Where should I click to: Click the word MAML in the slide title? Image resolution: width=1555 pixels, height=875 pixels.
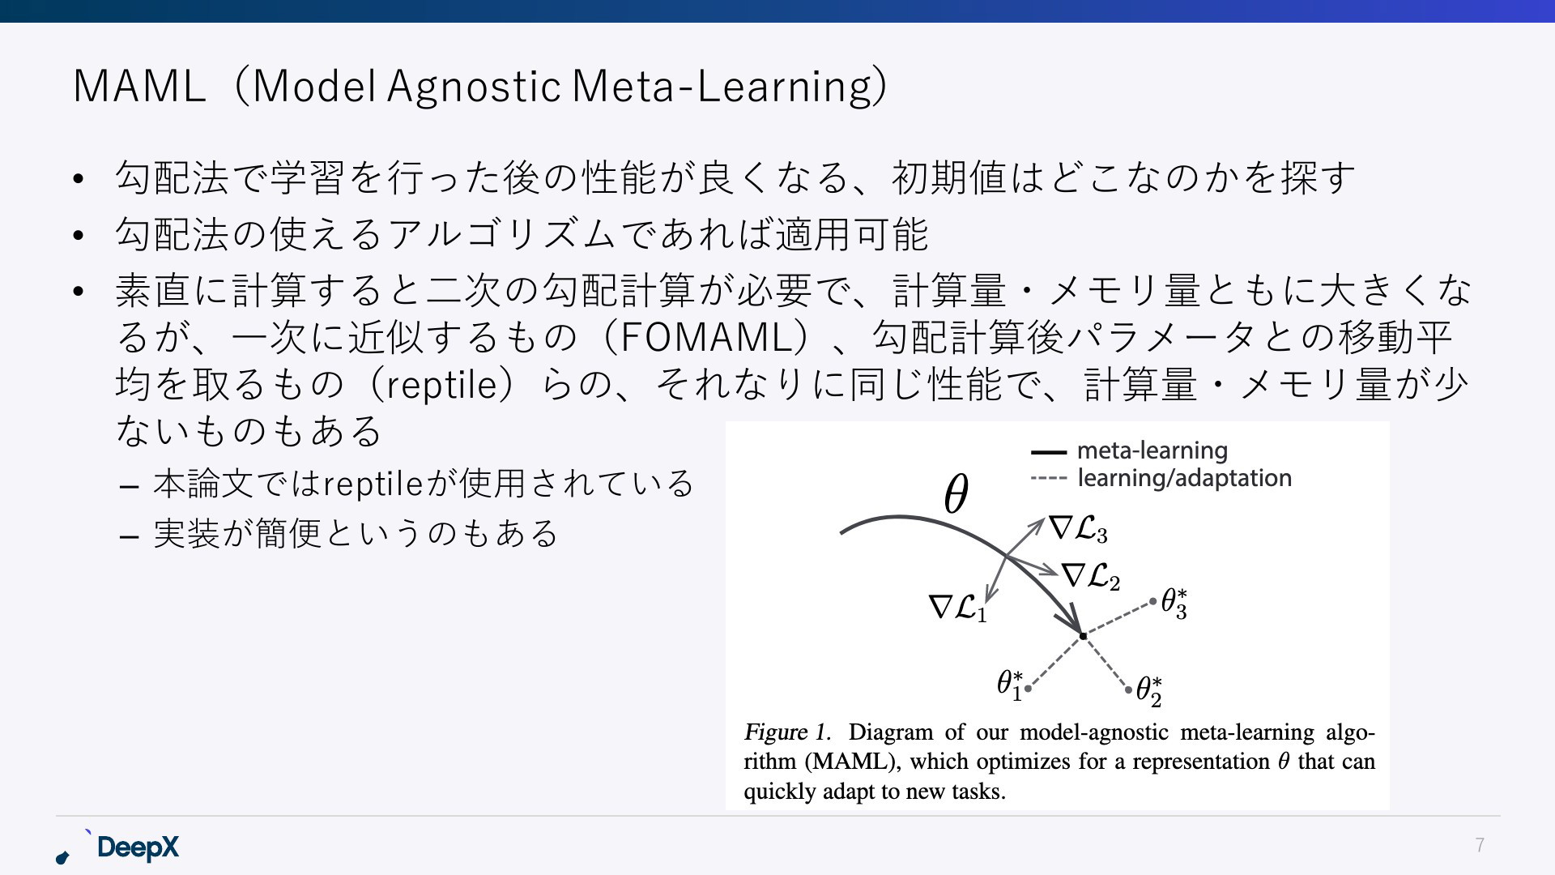click(x=139, y=86)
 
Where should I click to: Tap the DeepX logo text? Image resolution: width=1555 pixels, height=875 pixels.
click(x=138, y=847)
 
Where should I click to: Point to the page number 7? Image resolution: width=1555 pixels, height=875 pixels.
click(x=1480, y=846)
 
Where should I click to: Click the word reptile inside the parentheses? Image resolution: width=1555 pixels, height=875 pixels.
click(x=441, y=385)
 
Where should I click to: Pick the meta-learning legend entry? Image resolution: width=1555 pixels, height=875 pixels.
click(x=1129, y=450)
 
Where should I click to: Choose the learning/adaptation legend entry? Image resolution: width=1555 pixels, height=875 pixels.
click(x=1161, y=478)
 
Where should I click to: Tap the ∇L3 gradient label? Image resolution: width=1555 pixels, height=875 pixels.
click(x=1079, y=529)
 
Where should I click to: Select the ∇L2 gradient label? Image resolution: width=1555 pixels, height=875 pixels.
click(x=1091, y=577)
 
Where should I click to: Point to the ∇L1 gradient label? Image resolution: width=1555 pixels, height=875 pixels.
click(x=958, y=608)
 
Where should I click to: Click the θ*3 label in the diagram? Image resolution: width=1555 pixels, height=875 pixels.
click(x=1174, y=604)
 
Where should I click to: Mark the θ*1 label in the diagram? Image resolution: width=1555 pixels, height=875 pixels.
click(x=1010, y=684)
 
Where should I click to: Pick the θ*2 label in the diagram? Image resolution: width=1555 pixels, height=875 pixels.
click(x=1148, y=691)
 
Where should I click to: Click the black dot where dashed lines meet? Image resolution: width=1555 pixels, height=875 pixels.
click(x=1084, y=636)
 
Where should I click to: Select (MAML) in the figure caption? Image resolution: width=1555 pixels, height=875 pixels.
click(x=853, y=762)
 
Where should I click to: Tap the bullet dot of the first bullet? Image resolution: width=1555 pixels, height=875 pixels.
click(x=78, y=178)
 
